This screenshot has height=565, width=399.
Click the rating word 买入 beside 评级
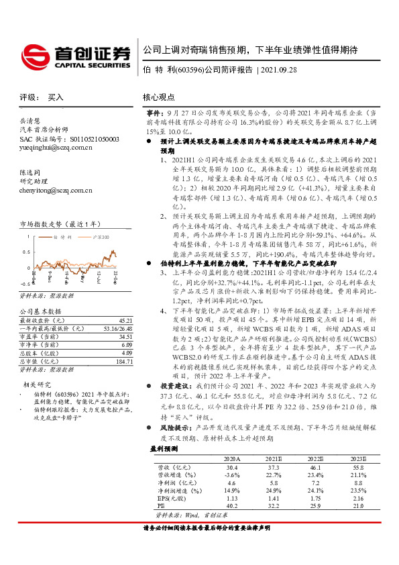(56, 97)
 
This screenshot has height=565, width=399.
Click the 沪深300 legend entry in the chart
(93, 238)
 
